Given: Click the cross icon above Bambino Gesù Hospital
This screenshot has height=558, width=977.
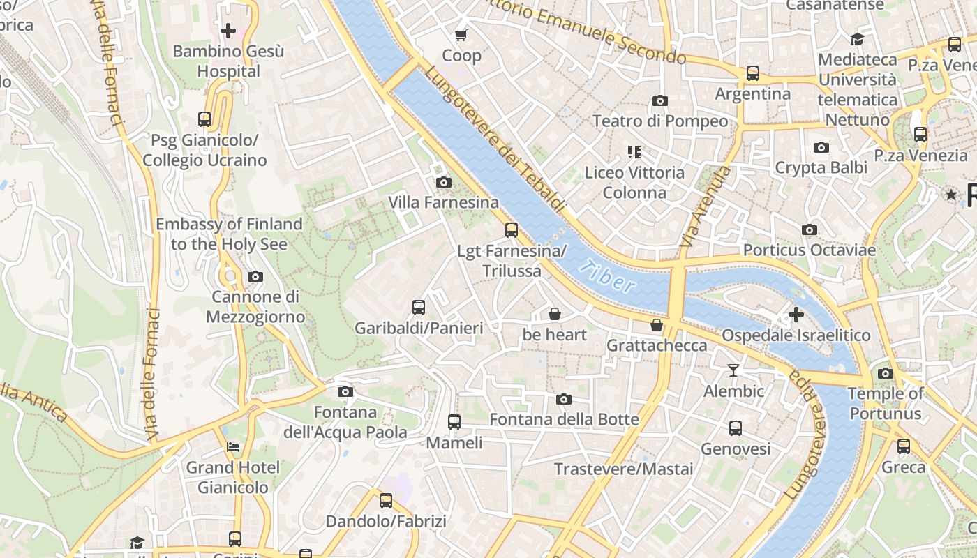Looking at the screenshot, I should [x=228, y=31].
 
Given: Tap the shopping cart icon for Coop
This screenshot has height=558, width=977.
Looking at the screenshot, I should [x=461, y=35].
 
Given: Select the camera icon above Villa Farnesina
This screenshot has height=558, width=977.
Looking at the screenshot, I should [x=443, y=183].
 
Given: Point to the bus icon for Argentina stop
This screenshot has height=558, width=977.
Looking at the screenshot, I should [x=753, y=73].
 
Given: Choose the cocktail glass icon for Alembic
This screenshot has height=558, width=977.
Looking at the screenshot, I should [x=733, y=370].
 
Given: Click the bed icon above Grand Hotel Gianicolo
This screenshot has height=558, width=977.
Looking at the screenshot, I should [x=233, y=446].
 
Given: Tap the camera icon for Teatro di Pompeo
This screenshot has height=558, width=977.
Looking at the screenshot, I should [x=659, y=100].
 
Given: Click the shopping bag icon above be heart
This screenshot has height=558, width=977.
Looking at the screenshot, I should [x=555, y=314].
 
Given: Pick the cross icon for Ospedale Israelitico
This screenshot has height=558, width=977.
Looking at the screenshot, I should [x=796, y=315].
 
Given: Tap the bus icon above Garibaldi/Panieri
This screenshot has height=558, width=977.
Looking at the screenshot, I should [x=419, y=307].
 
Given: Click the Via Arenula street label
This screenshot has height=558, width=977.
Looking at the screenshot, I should [x=706, y=206].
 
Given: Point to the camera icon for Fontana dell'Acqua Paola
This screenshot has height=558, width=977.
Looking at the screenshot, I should [x=345, y=391].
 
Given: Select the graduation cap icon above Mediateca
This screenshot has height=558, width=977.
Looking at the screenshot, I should [x=857, y=39].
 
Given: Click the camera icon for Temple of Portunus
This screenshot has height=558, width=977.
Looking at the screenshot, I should [x=886, y=373].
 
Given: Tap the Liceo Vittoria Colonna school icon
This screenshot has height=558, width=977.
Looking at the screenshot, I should [x=634, y=151].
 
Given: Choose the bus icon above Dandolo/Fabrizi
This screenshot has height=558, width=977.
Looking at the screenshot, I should [x=386, y=500].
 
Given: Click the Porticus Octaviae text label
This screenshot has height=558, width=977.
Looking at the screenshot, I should [x=809, y=250].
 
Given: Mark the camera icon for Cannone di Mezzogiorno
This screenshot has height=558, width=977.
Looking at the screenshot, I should [x=255, y=276].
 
